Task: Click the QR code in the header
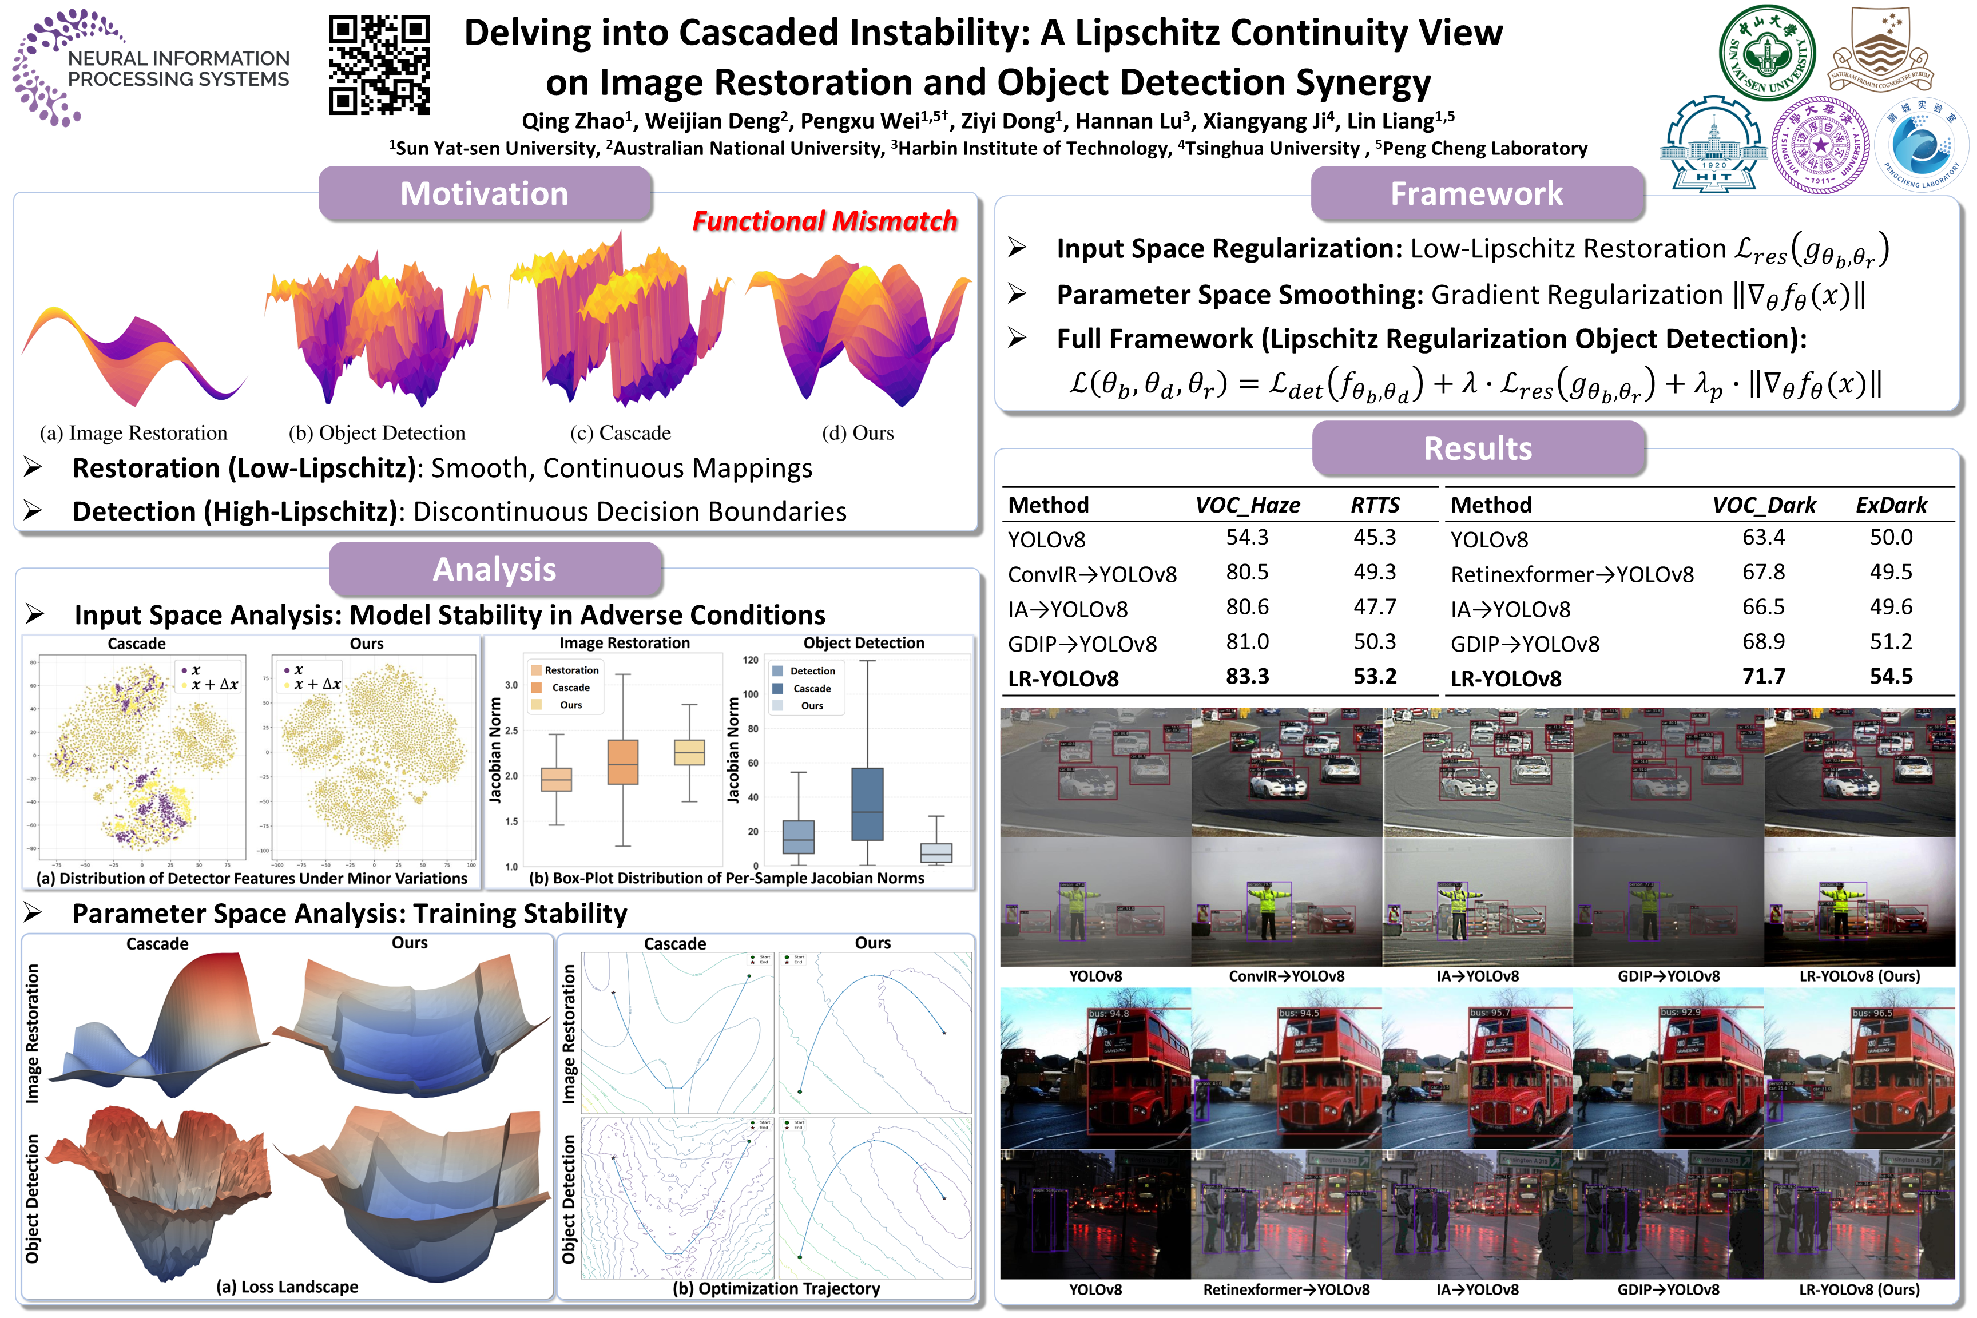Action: coord(379,65)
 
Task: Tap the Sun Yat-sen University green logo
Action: coord(1767,52)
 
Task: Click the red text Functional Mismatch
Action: coord(824,221)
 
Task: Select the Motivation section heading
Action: coord(484,193)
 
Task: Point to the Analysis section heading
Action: coord(494,569)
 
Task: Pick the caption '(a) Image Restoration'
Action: coord(134,433)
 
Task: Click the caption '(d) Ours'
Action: coord(858,433)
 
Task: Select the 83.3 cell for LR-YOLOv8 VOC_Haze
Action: coord(1246,677)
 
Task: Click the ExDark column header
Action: coord(1891,505)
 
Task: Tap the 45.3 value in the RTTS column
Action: coord(1374,537)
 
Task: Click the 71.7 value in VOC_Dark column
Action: coord(1764,677)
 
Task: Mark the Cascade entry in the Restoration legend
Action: coord(571,688)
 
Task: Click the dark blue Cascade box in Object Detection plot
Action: coord(867,804)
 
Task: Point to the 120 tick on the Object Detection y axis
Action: coord(751,661)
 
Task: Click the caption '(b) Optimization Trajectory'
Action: coord(776,1289)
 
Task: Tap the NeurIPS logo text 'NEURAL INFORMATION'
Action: coord(178,58)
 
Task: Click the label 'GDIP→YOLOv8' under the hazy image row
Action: coord(1669,976)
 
